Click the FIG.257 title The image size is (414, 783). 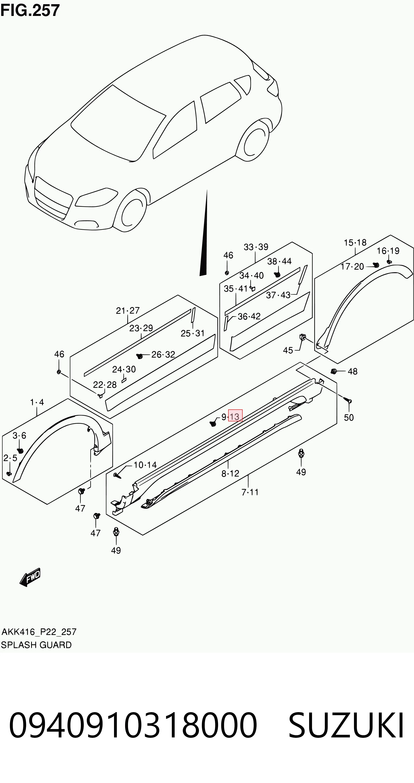point(30,10)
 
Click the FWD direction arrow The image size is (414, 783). point(30,577)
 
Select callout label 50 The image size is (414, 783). point(349,417)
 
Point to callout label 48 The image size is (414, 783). point(353,371)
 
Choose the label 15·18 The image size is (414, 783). point(355,243)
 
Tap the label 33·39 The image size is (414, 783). point(256,247)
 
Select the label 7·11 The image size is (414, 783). point(250,492)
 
